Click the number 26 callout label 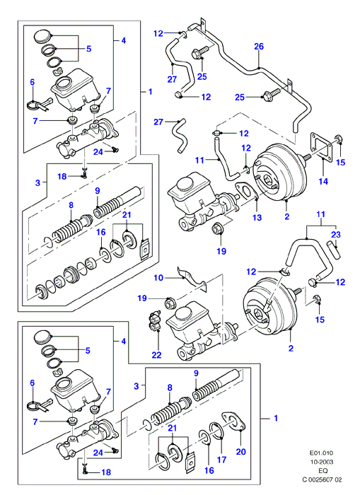pos(259,47)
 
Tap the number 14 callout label pos(323,181)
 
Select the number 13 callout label pos(257,217)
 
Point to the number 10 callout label pos(158,278)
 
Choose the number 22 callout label pos(156,355)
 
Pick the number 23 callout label pos(336,235)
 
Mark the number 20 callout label pos(240,452)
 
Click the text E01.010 pos(321,453)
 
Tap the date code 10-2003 pos(321,462)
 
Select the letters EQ pos(323,471)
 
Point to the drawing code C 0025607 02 pos(322,480)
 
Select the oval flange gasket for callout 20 pos(233,421)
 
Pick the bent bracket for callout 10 pos(192,279)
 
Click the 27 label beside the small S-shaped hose pos(158,122)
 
